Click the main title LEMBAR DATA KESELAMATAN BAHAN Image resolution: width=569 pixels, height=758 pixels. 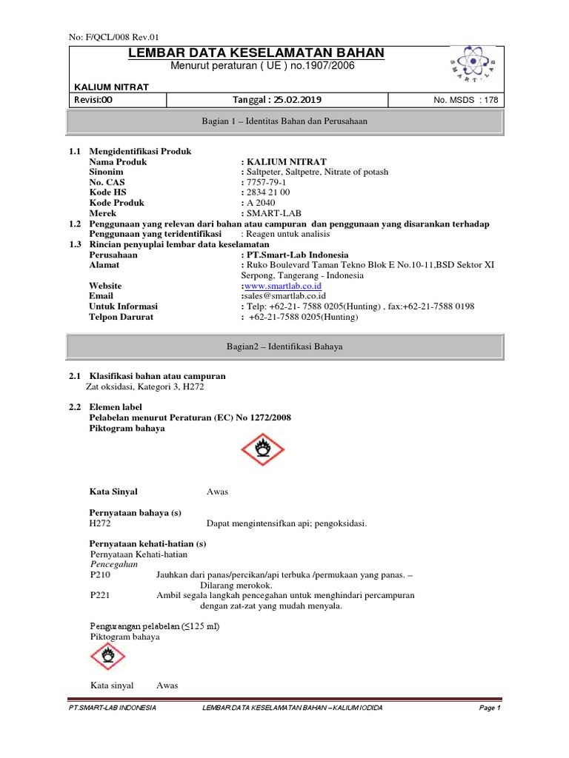[256, 53]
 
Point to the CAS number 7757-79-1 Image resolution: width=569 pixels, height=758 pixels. [267, 182]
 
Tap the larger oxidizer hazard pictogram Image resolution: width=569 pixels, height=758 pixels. [264, 449]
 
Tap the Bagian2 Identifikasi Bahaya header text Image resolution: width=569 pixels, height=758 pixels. [285, 346]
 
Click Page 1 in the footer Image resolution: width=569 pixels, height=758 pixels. [490, 708]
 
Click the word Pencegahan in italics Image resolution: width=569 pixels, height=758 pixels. [114, 563]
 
